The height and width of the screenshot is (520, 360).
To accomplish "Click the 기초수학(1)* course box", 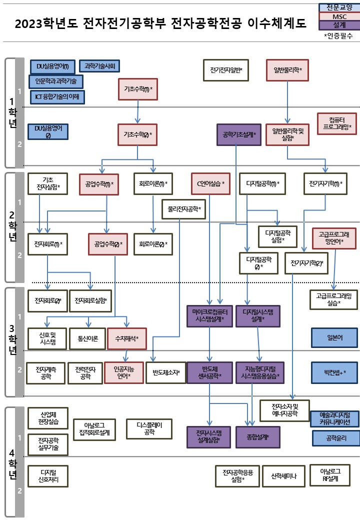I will coord(138,89).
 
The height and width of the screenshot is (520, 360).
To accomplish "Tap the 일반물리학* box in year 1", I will coord(287,69).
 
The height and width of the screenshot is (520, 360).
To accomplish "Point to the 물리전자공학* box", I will coord(184,209).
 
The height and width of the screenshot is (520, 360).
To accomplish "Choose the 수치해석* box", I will coord(127,338).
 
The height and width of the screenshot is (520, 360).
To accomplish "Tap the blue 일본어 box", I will coord(334,337).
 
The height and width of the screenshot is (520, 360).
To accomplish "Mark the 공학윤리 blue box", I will coord(335,438).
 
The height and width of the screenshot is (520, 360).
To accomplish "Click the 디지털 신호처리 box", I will coord(47,475).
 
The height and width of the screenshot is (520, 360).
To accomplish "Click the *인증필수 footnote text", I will coord(338,35).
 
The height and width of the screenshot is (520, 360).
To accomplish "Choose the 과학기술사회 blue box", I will coord(99,65).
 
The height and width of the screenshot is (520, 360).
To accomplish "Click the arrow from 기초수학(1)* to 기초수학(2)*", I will coord(138,111).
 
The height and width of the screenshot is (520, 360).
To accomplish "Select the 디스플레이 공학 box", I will coord(149,428).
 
